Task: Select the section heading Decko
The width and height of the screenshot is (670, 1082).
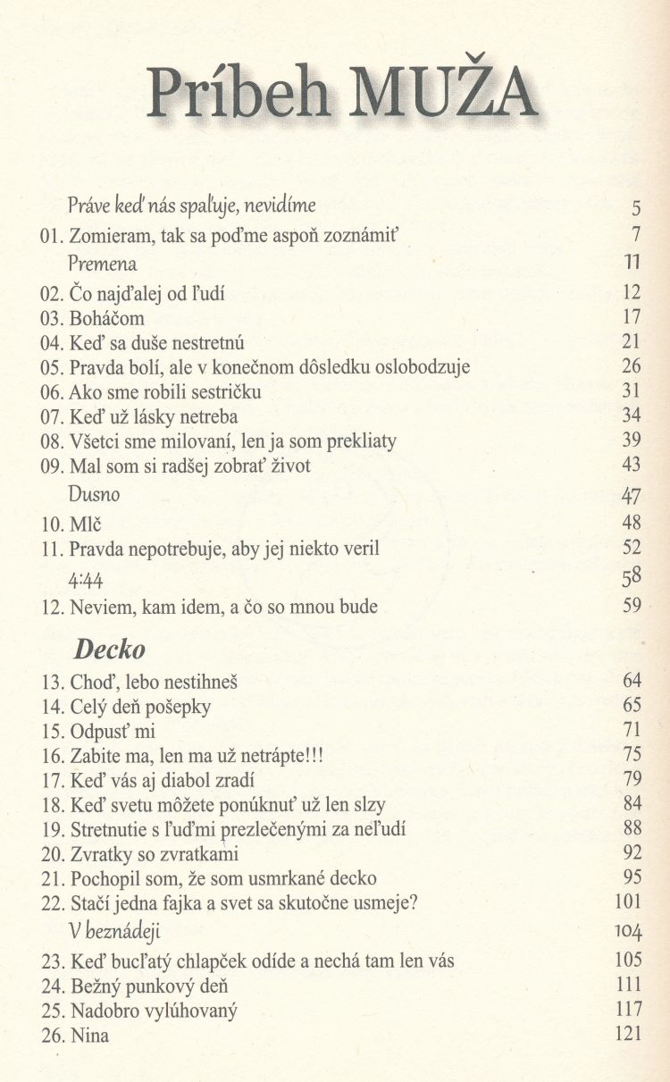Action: coord(109,650)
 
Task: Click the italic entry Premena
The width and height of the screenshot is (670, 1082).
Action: coord(103,264)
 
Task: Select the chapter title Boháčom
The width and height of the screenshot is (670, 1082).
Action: coord(107,317)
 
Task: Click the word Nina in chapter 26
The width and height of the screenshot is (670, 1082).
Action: coord(90,1036)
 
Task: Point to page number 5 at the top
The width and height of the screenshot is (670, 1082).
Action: coord(636,210)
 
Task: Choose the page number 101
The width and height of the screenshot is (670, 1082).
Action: coord(629,902)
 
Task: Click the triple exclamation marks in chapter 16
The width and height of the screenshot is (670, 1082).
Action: coord(309,756)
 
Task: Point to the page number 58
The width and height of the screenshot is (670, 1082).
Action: coord(632,579)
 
